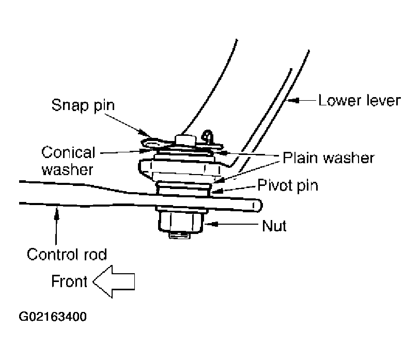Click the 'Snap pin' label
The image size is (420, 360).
[83, 105]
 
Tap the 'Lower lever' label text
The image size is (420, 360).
[360, 101]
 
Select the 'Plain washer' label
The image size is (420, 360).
[329, 158]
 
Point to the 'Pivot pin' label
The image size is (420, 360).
[288, 185]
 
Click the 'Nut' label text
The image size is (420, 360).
[274, 226]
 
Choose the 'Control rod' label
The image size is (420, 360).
[67, 254]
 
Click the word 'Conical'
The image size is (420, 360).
[68, 152]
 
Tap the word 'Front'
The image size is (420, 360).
[69, 281]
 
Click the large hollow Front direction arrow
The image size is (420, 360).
[114, 281]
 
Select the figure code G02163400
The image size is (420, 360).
[53, 317]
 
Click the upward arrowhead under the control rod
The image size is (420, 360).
[56, 212]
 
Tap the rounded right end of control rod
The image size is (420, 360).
[257, 206]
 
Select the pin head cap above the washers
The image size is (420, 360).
[186, 140]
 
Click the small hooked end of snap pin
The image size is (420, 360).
[208, 135]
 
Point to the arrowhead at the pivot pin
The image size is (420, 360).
[216, 191]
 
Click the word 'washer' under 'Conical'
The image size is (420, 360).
[68, 170]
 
